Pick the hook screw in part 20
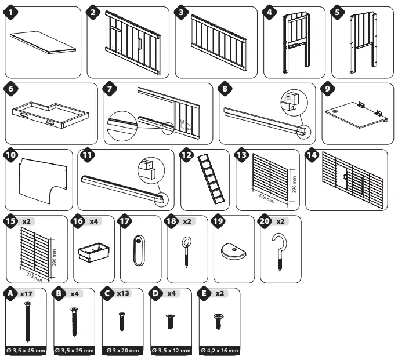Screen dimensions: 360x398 pyautogui.click(x=282, y=248)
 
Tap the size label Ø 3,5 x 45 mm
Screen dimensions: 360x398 pyautogui.click(x=26, y=351)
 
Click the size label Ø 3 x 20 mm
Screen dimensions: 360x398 pyautogui.click(x=122, y=351)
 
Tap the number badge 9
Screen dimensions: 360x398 pyautogui.click(x=328, y=90)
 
